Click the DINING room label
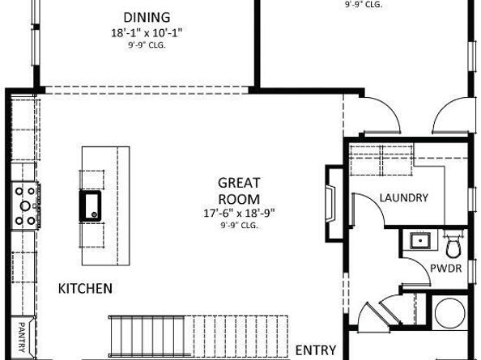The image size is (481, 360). [x=147, y=17]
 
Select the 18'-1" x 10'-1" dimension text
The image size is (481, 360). [x=147, y=33]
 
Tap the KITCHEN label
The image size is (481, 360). [x=85, y=288]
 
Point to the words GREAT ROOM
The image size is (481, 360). [x=239, y=191]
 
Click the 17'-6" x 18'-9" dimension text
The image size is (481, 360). [x=239, y=214]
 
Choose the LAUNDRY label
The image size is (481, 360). [x=402, y=197]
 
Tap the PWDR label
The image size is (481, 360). [x=445, y=268]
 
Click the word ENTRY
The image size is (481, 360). [x=316, y=349]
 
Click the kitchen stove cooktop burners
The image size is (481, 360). [x=23, y=204]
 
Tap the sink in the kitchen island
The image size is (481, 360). [x=90, y=205]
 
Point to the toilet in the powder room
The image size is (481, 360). [x=453, y=243]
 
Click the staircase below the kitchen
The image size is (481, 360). [x=198, y=335]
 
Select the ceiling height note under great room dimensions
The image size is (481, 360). [x=239, y=226]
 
